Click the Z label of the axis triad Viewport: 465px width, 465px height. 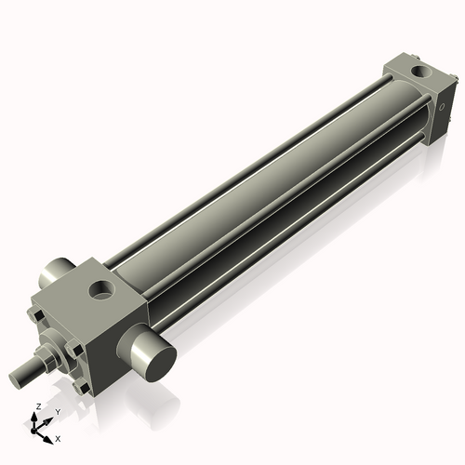[x=35, y=406]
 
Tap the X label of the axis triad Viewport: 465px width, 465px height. [x=58, y=437]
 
